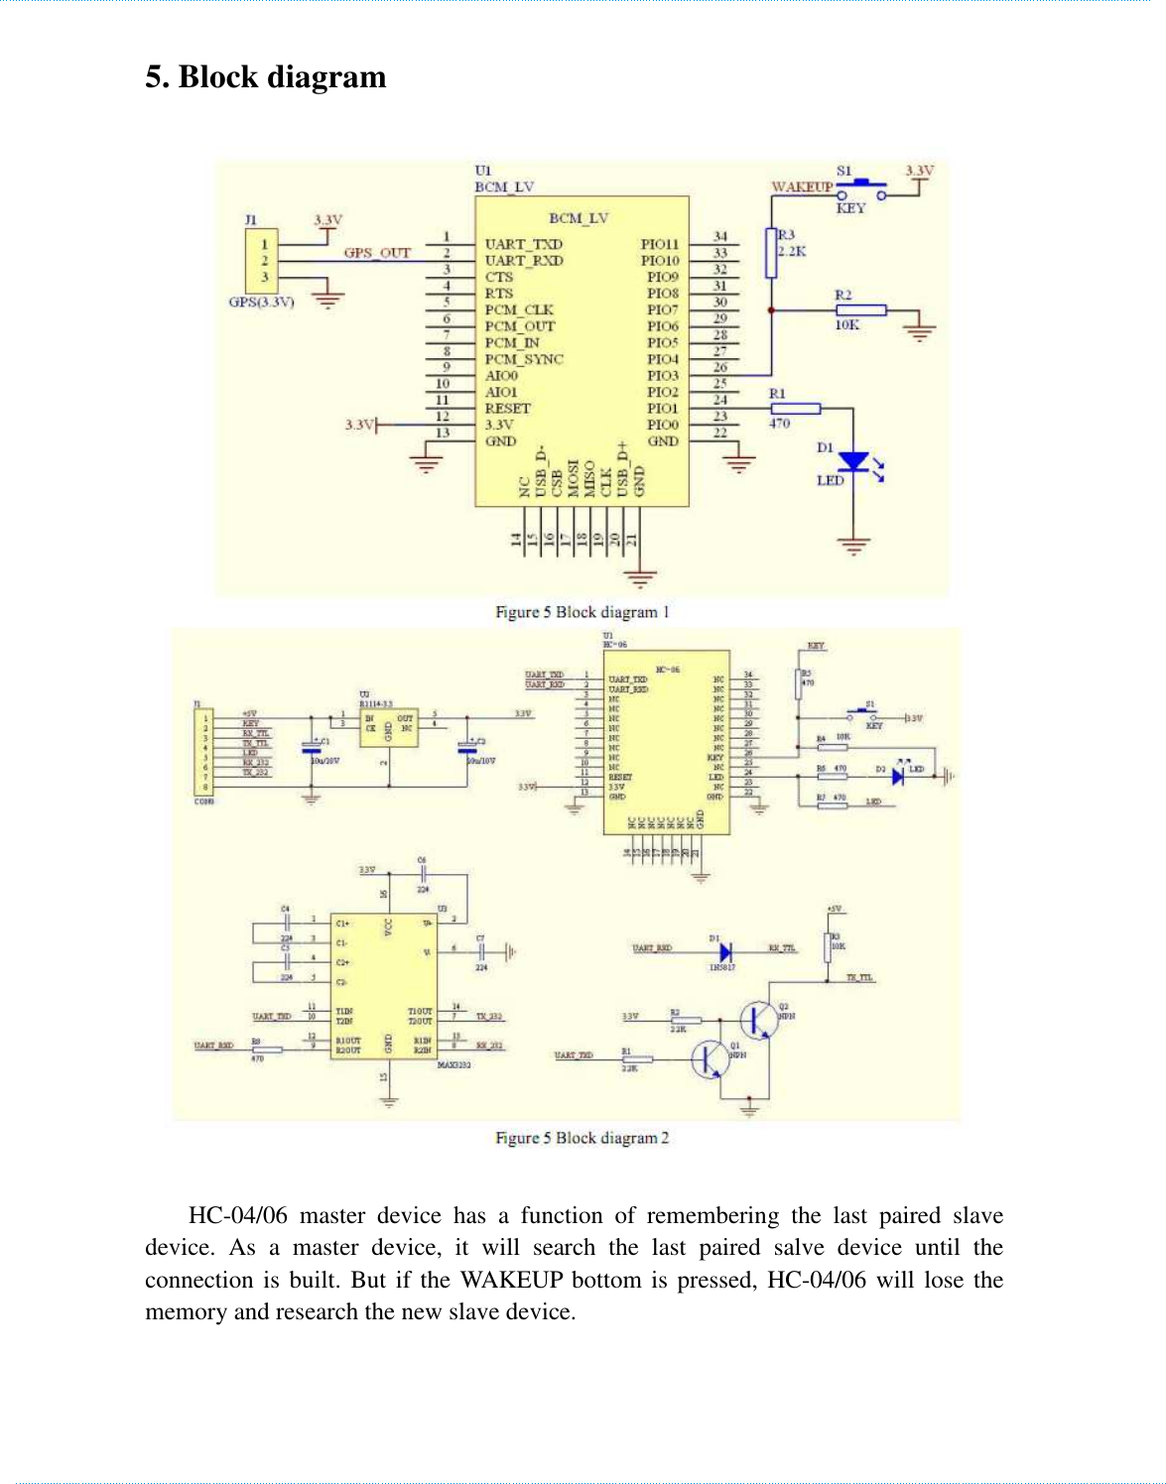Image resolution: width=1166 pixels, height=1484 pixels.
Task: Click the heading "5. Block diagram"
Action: [265, 77]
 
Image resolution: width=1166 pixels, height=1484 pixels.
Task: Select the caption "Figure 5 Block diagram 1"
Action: [583, 612]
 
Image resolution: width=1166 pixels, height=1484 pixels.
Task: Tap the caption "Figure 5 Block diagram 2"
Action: [583, 1138]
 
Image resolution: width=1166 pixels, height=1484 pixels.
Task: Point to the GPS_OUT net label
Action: [376, 253]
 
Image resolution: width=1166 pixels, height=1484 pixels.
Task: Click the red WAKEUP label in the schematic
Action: [802, 186]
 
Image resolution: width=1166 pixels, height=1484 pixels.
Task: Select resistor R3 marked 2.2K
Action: [771, 253]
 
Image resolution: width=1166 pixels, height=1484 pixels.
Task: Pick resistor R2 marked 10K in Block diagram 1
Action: [860, 310]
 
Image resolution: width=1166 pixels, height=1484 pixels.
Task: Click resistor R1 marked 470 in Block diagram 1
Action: [795, 409]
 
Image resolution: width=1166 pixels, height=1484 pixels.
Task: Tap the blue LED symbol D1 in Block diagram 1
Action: [853, 462]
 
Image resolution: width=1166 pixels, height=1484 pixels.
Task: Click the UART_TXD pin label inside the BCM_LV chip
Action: [523, 244]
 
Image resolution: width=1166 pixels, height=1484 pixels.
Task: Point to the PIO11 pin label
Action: [660, 244]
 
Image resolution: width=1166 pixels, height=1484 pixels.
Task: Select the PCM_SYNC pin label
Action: [523, 359]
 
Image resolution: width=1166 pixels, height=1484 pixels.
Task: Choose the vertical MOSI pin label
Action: [574, 477]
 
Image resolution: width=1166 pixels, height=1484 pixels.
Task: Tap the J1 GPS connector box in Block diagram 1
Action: [263, 260]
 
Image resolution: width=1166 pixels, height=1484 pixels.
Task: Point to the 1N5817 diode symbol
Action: [724, 950]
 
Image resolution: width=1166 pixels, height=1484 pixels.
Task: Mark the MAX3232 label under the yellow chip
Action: [453, 1065]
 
